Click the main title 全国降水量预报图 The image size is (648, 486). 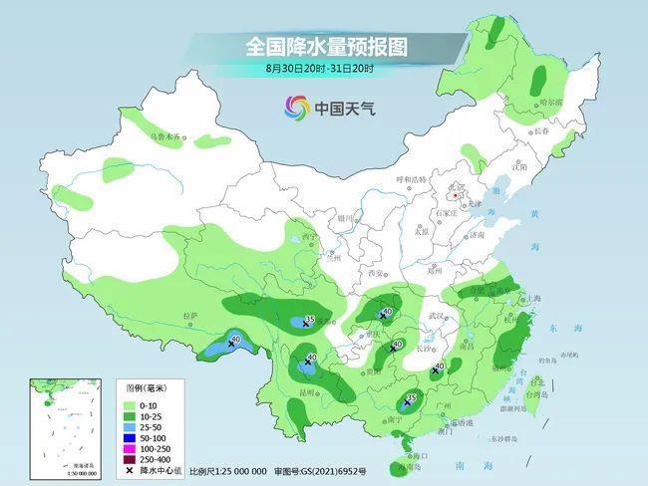(x=328, y=47)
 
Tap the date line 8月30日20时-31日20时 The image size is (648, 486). (x=320, y=69)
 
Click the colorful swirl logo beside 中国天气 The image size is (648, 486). (x=296, y=107)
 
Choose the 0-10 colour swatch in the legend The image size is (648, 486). (x=131, y=405)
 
